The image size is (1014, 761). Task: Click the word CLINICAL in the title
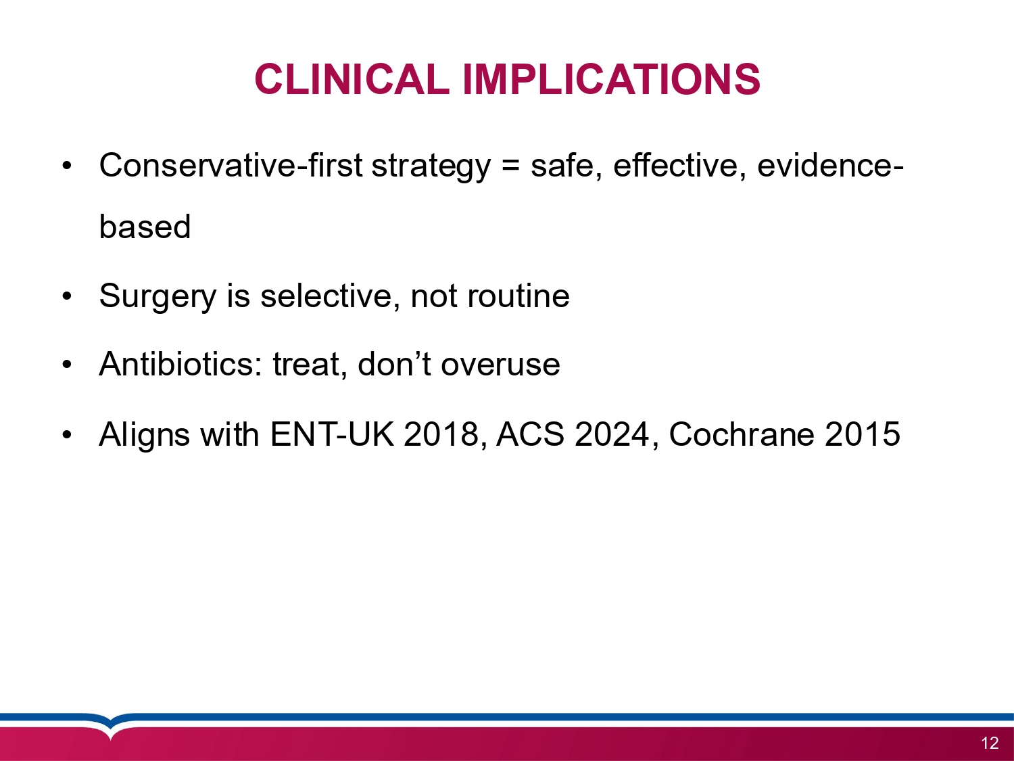coord(352,79)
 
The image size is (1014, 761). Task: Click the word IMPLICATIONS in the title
coord(611,79)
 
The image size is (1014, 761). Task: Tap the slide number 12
coord(990,743)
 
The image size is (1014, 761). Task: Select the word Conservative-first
coord(231,166)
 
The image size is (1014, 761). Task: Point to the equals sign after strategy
coord(510,166)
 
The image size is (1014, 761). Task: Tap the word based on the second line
coord(145,227)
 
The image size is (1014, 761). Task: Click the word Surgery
coord(158,296)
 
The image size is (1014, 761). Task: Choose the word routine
coord(518,296)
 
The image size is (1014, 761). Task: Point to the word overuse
coord(500,366)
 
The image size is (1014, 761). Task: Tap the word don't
coord(395,364)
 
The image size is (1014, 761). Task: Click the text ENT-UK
coord(333,434)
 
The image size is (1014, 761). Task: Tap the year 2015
coord(862,434)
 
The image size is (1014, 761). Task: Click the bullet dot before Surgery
coord(67,296)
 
